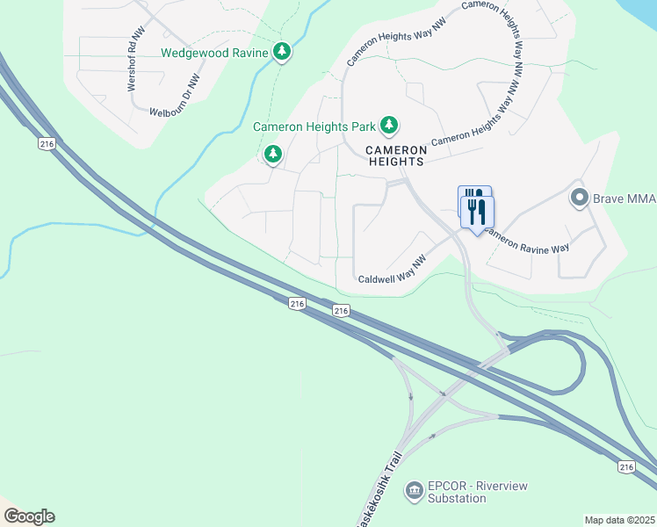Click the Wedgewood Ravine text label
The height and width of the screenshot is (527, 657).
pos(213,53)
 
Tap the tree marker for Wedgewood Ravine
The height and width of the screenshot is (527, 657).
pos(281,53)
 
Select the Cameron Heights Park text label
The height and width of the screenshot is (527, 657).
pos(314,126)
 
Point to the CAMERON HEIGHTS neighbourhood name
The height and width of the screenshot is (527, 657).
pos(395,155)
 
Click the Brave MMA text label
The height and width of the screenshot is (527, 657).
pos(624,199)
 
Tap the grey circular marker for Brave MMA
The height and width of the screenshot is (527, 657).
pos(579,198)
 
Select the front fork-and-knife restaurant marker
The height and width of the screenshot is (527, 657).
pos(478,212)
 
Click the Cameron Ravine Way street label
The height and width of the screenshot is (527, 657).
pos(526,242)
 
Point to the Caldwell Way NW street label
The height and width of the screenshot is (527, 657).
pos(393,278)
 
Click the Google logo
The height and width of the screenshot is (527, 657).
pos(29,516)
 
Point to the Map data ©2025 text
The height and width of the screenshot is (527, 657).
pos(619,520)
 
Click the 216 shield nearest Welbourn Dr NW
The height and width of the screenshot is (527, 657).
pos(47,143)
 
